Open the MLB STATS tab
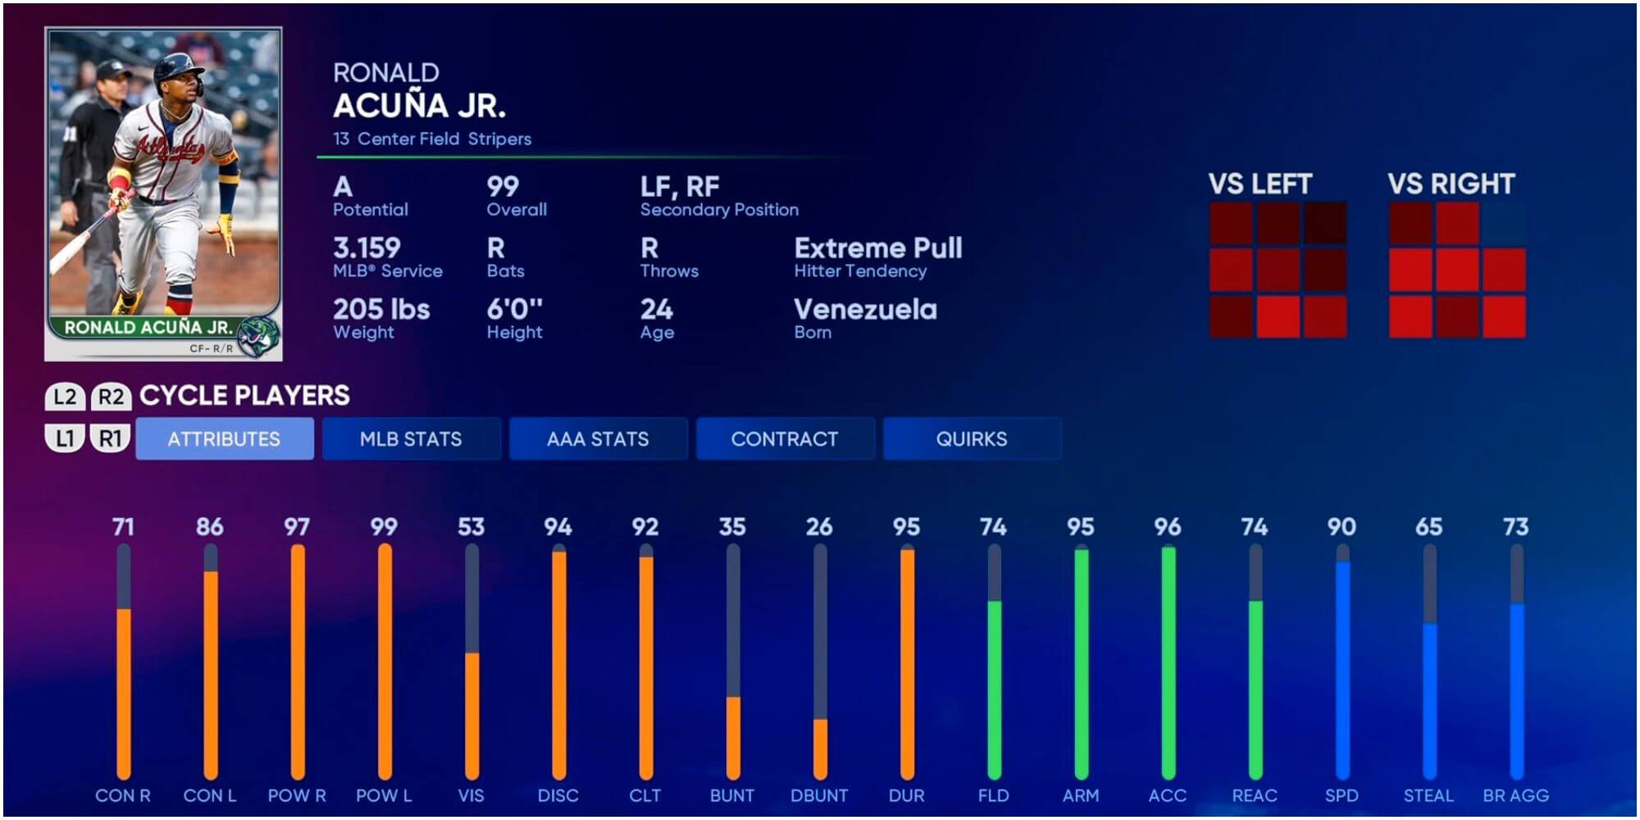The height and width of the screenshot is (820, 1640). pyautogui.click(x=411, y=439)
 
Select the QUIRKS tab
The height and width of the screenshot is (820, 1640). pyautogui.click(x=972, y=439)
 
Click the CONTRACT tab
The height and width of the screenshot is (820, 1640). pyautogui.click(x=785, y=439)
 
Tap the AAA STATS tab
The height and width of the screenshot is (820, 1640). pyautogui.click(x=598, y=439)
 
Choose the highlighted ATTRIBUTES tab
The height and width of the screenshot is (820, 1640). pyautogui.click(x=224, y=439)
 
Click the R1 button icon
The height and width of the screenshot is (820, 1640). pyautogui.click(x=110, y=439)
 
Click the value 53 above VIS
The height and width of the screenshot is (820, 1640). pyautogui.click(x=471, y=526)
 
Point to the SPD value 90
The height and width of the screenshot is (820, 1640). pyautogui.click(x=1342, y=526)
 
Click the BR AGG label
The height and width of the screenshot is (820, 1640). pyautogui.click(x=1515, y=795)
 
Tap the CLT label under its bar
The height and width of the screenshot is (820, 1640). pyautogui.click(x=645, y=795)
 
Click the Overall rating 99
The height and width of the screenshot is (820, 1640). pyautogui.click(x=503, y=187)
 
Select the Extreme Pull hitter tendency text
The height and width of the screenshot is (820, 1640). pyautogui.click(x=877, y=248)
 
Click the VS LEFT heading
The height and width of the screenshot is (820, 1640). pyautogui.click(x=1260, y=184)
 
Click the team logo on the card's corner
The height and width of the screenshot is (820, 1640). pyautogui.click(x=257, y=335)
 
